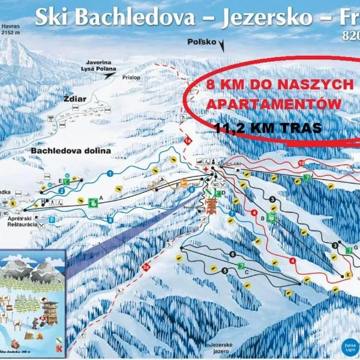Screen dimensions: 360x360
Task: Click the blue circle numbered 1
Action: (x=110, y=173)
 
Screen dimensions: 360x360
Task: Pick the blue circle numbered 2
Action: (x=62, y=191)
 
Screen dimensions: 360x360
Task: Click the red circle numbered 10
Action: (x=301, y=163)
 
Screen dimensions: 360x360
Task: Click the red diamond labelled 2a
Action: (x=146, y=268)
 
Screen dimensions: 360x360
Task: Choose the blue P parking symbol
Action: (x=52, y=220)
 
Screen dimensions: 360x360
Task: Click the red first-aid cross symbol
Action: (x=206, y=170)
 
